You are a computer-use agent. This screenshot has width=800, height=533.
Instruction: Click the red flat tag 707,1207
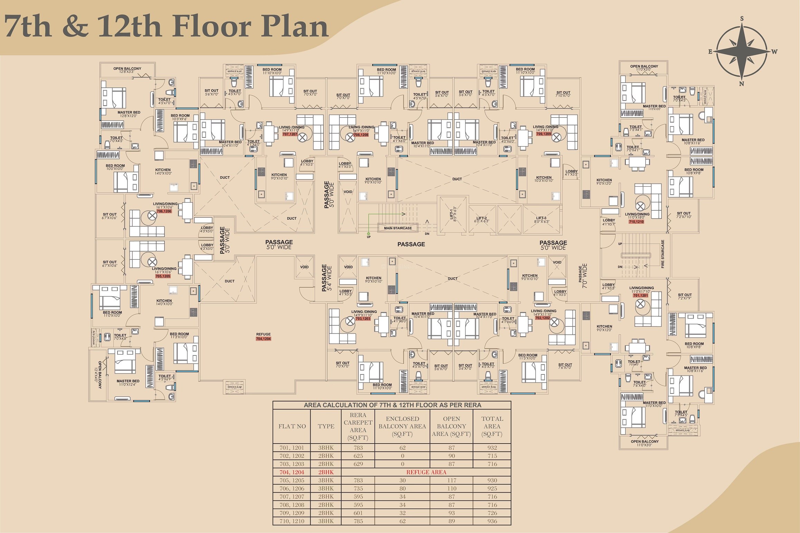pyautogui.click(x=290, y=134)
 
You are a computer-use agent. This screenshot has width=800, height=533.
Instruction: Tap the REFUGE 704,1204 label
pyautogui.click(x=263, y=336)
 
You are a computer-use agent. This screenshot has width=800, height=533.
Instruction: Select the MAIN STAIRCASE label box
pyautogui.click(x=397, y=228)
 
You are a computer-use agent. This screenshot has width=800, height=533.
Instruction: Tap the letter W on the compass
pyautogui.click(x=774, y=52)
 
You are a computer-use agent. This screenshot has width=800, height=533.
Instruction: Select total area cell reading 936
pyautogui.click(x=492, y=521)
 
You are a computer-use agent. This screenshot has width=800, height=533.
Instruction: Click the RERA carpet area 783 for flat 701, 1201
pyautogui.click(x=358, y=448)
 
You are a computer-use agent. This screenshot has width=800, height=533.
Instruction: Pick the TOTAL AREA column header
pyautogui.click(x=492, y=426)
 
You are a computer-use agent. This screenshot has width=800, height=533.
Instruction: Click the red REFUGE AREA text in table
pyautogui.click(x=426, y=472)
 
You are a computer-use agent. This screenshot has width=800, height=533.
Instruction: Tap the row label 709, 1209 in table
pyautogui.click(x=292, y=513)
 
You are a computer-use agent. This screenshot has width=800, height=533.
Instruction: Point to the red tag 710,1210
pyautogui.click(x=636, y=222)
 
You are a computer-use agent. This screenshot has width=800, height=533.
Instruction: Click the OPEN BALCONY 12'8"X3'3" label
pyautogui.click(x=127, y=70)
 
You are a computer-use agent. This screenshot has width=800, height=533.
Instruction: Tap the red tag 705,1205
pyautogui.click(x=163, y=276)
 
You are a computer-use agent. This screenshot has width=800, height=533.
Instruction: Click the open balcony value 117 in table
pyautogui.click(x=451, y=480)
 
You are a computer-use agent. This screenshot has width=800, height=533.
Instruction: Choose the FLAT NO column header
pyautogui.click(x=292, y=426)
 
